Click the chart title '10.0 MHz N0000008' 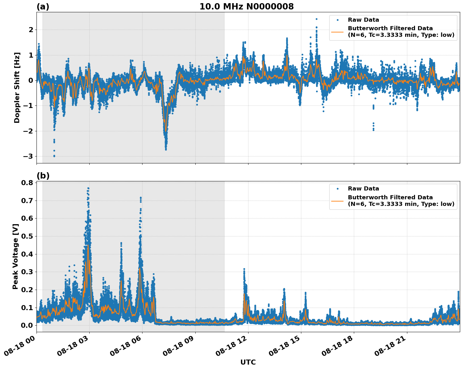click(246, 7)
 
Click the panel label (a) click(43, 7)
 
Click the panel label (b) click(43, 176)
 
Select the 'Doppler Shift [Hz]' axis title click(17, 88)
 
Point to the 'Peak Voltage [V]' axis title click(15, 256)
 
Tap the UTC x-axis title click(248, 362)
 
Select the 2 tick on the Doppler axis click(31, 30)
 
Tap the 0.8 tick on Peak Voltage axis click(28, 183)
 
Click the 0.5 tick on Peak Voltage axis click(28, 236)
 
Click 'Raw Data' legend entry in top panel click(363, 20)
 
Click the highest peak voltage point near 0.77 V click(88, 188)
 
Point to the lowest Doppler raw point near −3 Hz click(54, 156)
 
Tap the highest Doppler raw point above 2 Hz click(316, 19)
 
